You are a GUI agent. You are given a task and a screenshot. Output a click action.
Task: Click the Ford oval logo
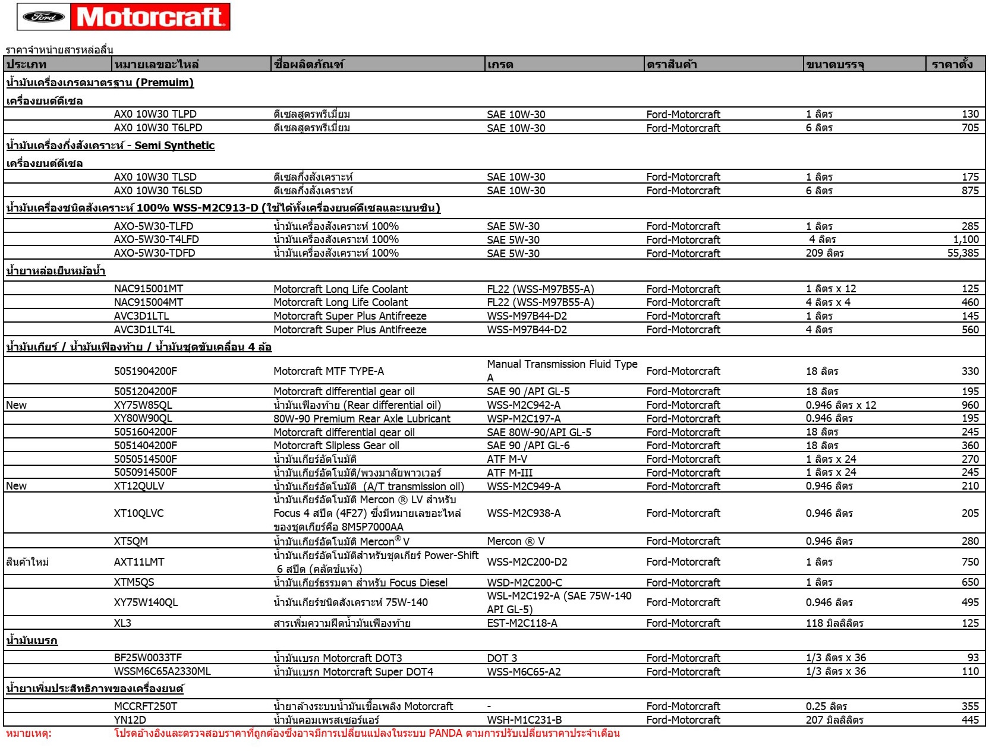(43, 17)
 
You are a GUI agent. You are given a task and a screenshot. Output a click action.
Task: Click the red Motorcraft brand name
(150, 17)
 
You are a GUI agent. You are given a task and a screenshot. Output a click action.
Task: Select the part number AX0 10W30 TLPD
(155, 114)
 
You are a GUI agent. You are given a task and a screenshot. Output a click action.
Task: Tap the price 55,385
(963, 253)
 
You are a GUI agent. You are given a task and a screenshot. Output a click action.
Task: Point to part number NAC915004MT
(149, 302)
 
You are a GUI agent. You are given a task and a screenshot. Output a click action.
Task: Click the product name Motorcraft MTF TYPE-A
(329, 371)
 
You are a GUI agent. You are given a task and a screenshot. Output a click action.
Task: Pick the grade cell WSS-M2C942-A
(524, 405)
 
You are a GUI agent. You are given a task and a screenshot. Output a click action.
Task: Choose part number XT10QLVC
(139, 513)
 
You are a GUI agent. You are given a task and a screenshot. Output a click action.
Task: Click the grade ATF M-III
(510, 473)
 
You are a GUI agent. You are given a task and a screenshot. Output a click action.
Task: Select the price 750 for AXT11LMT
(970, 562)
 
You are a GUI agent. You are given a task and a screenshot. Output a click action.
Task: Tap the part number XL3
(123, 623)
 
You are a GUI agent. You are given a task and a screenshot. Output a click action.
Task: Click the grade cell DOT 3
(502, 658)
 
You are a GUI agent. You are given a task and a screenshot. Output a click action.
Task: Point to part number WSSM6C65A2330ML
(162, 672)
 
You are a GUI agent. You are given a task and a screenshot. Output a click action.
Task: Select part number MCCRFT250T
(146, 706)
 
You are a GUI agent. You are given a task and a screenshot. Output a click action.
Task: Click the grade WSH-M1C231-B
(524, 720)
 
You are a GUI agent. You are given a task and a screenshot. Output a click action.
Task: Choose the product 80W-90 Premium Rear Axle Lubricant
(362, 419)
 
